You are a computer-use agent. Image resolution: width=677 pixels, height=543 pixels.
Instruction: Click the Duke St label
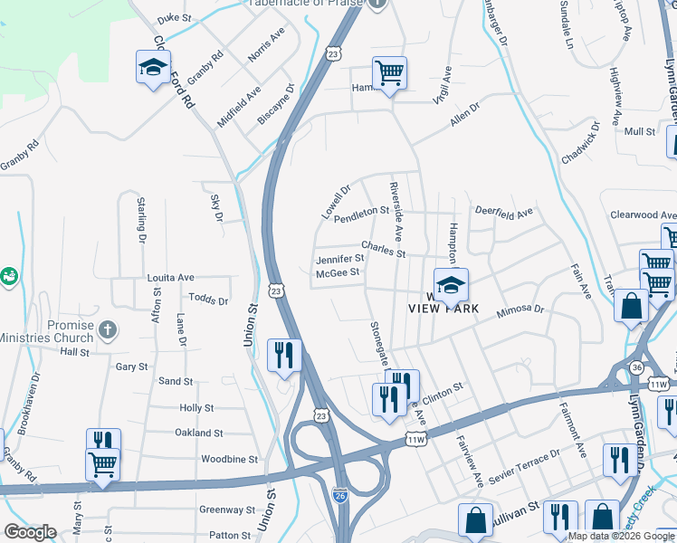coord(175,17)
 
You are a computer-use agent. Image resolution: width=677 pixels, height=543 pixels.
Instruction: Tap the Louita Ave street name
coord(171,277)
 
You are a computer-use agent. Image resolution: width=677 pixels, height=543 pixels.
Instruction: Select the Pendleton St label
coord(361,214)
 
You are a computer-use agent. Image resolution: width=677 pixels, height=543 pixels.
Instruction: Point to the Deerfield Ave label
coord(504,214)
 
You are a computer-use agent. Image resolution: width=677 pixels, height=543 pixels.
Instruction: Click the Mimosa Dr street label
coord(520,312)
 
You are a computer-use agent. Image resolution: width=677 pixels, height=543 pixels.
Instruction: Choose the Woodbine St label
coord(229,459)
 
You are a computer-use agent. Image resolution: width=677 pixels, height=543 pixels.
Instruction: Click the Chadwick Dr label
coord(580,143)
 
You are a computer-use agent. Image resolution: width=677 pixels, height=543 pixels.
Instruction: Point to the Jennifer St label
coord(339,259)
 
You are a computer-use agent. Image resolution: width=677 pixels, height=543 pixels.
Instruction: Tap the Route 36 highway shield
coord(637,367)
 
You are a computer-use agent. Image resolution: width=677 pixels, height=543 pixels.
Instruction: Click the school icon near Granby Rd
coord(154,67)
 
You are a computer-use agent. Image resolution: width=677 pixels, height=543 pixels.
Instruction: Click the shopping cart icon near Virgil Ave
coord(389,73)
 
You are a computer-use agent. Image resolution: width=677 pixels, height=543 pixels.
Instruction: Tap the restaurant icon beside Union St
coord(284,355)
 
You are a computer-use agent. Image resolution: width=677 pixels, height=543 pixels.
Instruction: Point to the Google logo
coord(30,532)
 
